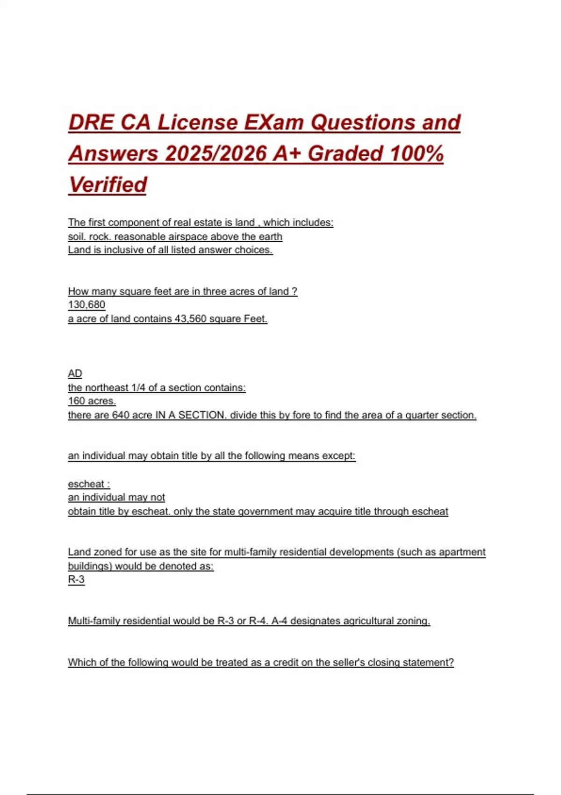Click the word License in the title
(x=197, y=123)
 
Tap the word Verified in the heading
(x=108, y=185)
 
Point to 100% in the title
(x=416, y=154)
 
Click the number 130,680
(x=86, y=305)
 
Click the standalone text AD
(x=75, y=374)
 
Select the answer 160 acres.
(x=92, y=401)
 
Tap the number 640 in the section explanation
(x=121, y=415)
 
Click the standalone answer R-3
(x=76, y=580)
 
